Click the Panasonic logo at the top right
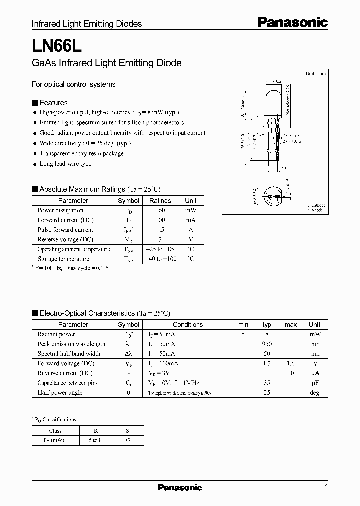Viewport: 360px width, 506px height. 292,22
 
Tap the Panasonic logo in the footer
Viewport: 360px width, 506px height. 180,487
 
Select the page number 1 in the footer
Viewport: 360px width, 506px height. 326,487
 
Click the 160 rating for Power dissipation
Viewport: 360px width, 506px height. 160,210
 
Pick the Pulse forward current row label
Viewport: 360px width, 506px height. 65,230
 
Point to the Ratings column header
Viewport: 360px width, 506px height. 160,200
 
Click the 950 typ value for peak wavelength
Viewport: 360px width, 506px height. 267,344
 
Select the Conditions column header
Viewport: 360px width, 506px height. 188,324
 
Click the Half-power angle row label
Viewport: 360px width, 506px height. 60,392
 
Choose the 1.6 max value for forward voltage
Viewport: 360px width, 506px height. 290,363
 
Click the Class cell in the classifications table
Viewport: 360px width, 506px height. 55,430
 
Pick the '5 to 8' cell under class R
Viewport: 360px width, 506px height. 94,440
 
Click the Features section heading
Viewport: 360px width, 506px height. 53,103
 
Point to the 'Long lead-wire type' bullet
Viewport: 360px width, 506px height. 65,164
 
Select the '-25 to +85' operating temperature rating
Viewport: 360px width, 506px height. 160,249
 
